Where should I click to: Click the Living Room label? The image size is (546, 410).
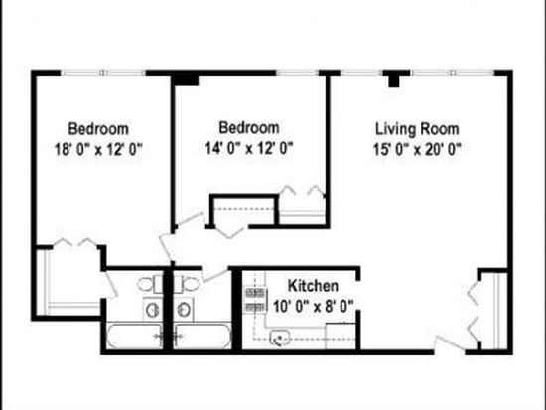(x=417, y=129)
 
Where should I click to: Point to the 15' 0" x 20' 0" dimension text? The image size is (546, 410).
(x=417, y=150)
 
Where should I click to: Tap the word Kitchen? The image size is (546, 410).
(x=313, y=286)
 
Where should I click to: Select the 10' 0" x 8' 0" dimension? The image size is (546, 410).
(x=314, y=307)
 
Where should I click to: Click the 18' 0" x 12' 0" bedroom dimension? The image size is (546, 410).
(x=98, y=150)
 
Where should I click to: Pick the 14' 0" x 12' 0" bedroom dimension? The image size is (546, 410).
(x=249, y=148)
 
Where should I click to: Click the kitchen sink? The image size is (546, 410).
(x=280, y=338)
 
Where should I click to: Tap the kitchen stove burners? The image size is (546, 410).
(x=256, y=300)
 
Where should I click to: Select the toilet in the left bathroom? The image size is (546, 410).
(x=150, y=284)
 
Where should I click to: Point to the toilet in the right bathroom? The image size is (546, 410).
(x=187, y=284)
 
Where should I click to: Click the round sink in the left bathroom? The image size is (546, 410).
(x=153, y=310)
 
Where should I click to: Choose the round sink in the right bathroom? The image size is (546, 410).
(x=184, y=310)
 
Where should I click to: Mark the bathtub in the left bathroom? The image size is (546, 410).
(x=134, y=336)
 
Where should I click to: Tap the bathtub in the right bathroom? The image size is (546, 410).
(x=203, y=336)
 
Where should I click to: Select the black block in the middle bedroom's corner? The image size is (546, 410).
(x=186, y=80)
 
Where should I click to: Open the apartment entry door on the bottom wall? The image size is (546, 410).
(x=450, y=344)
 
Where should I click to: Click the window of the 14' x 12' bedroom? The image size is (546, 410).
(x=297, y=73)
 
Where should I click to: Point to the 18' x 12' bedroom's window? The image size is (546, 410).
(x=103, y=73)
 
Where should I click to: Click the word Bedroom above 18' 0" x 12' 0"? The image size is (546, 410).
(x=98, y=129)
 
